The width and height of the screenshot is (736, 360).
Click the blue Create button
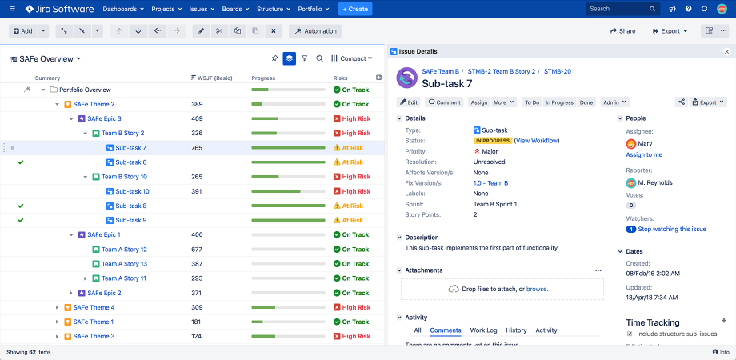click(x=355, y=9)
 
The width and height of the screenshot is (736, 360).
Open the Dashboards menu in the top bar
click(x=123, y=9)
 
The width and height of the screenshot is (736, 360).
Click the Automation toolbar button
click(x=315, y=31)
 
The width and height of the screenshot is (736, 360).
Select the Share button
click(x=622, y=31)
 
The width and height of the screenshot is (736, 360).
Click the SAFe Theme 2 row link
click(x=94, y=104)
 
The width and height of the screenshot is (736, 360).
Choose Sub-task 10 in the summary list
click(x=132, y=191)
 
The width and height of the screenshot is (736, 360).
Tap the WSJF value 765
click(x=197, y=148)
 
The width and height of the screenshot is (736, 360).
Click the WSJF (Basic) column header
click(x=215, y=78)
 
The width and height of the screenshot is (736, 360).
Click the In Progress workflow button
click(x=559, y=102)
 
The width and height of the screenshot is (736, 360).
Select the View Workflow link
click(x=537, y=141)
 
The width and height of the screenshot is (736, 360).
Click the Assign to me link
click(x=644, y=154)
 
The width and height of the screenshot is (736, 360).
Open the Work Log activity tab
click(x=483, y=330)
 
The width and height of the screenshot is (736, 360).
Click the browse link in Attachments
click(x=536, y=289)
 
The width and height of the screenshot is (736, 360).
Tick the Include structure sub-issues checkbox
click(x=630, y=334)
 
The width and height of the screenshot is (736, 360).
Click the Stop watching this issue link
click(x=671, y=229)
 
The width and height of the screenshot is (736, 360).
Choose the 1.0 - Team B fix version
click(x=490, y=183)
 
